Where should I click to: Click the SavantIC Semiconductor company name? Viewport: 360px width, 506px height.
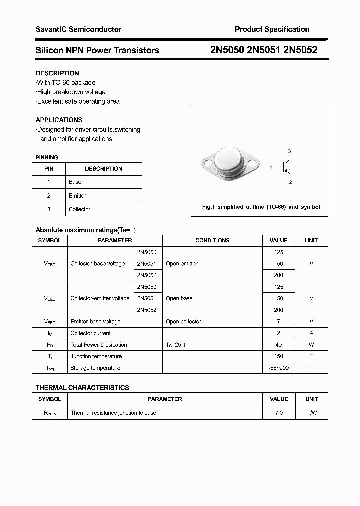point(78,29)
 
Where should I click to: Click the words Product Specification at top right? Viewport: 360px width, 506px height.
point(272,29)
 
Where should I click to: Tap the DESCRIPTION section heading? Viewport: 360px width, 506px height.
point(57,73)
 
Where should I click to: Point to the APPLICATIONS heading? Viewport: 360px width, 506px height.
point(59,120)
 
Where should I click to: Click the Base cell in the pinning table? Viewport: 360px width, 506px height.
point(75,182)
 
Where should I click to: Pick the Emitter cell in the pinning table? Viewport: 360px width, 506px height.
point(77,196)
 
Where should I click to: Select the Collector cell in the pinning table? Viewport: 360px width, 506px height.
point(79,209)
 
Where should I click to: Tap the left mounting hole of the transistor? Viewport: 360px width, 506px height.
point(207,161)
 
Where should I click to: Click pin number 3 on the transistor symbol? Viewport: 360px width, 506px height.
point(289,151)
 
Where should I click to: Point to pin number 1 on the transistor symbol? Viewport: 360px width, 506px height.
point(271,167)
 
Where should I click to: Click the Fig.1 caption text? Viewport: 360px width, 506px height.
point(261,207)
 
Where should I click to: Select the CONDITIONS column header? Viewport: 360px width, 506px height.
point(212,240)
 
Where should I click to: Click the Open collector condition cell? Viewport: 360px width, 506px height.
point(183,321)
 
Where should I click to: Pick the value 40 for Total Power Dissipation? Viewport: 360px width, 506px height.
point(278,345)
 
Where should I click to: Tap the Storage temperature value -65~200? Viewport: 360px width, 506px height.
point(278,368)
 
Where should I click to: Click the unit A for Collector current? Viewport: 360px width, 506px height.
point(311,333)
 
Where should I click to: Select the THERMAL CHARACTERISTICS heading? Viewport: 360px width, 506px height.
point(82,388)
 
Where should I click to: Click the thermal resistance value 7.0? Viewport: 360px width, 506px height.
point(278,413)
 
